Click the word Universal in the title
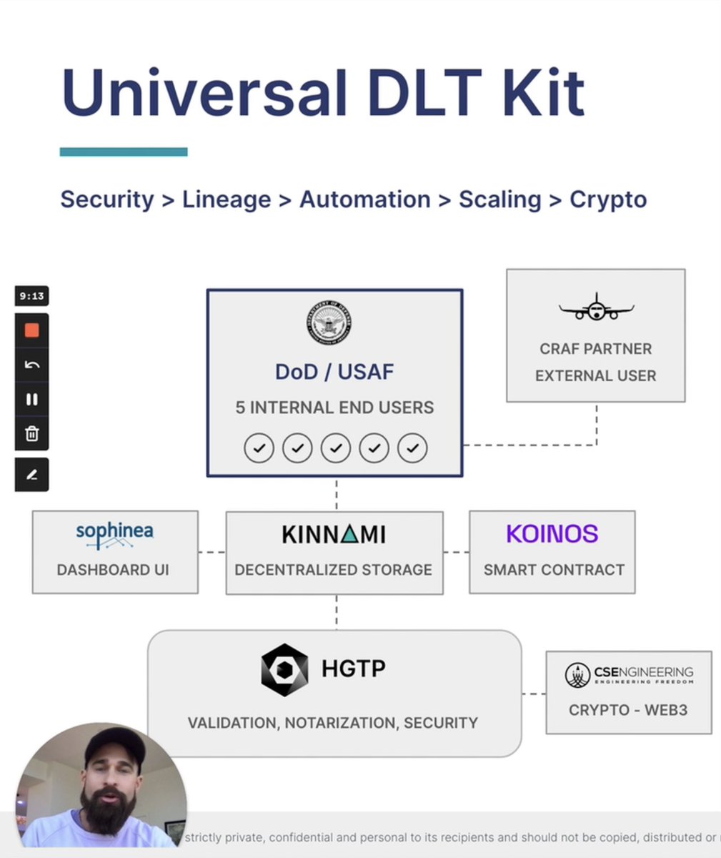click(204, 93)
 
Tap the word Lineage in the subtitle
click(227, 199)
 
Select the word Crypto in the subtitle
click(608, 199)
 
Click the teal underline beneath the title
click(124, 152)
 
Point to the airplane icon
click(596, 307)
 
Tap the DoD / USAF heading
click(334, 372)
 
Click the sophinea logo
click(114, 535)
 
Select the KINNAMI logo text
click(334, 535)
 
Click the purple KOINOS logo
click(552, 534)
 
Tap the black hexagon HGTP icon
click(284, 670)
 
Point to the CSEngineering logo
click(629, 674)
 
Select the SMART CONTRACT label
click(554, 570)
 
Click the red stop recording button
click(32, 331)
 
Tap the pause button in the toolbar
click(32, 400)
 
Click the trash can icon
click(32, 434)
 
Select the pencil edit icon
click(32, 475)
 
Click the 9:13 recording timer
click(32, 296)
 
